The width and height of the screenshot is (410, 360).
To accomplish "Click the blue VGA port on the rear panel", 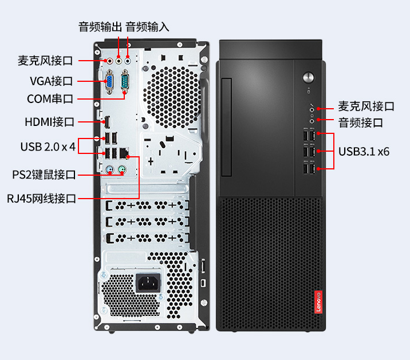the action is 109,82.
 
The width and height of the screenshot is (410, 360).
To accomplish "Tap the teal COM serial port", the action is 125,81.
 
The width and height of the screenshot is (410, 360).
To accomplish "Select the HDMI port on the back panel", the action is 107,122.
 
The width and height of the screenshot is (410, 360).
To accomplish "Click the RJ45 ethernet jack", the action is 124,153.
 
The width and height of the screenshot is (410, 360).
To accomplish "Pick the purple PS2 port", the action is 110,170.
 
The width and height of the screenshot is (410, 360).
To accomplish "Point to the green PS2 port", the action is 122,170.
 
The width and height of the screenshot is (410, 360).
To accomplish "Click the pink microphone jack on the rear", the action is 110,61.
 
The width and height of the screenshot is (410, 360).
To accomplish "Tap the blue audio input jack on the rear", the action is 128,61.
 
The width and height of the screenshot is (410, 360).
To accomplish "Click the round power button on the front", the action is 308,77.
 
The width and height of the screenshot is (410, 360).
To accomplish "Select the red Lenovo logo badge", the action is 318,302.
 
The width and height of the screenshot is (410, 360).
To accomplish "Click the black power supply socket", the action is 148,283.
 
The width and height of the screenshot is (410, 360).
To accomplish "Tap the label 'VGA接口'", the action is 52,81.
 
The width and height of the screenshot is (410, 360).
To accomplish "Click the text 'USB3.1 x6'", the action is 364,152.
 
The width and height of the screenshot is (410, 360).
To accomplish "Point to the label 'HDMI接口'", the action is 50,122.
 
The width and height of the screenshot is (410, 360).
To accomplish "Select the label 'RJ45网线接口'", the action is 41,199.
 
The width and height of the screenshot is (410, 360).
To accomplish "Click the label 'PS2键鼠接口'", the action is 44,175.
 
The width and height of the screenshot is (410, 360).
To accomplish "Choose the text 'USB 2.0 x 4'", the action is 48,147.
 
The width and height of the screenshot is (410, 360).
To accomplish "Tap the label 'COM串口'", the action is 50,99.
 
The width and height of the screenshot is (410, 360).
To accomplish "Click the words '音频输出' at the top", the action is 100,27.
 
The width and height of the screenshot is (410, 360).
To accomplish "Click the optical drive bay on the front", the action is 227,127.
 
